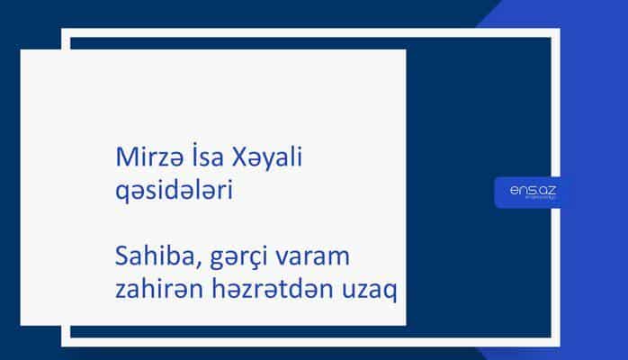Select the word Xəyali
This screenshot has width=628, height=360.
point(269,157)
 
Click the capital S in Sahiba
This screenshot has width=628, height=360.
point(124,260)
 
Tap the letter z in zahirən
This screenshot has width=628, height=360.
point(123,294)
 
